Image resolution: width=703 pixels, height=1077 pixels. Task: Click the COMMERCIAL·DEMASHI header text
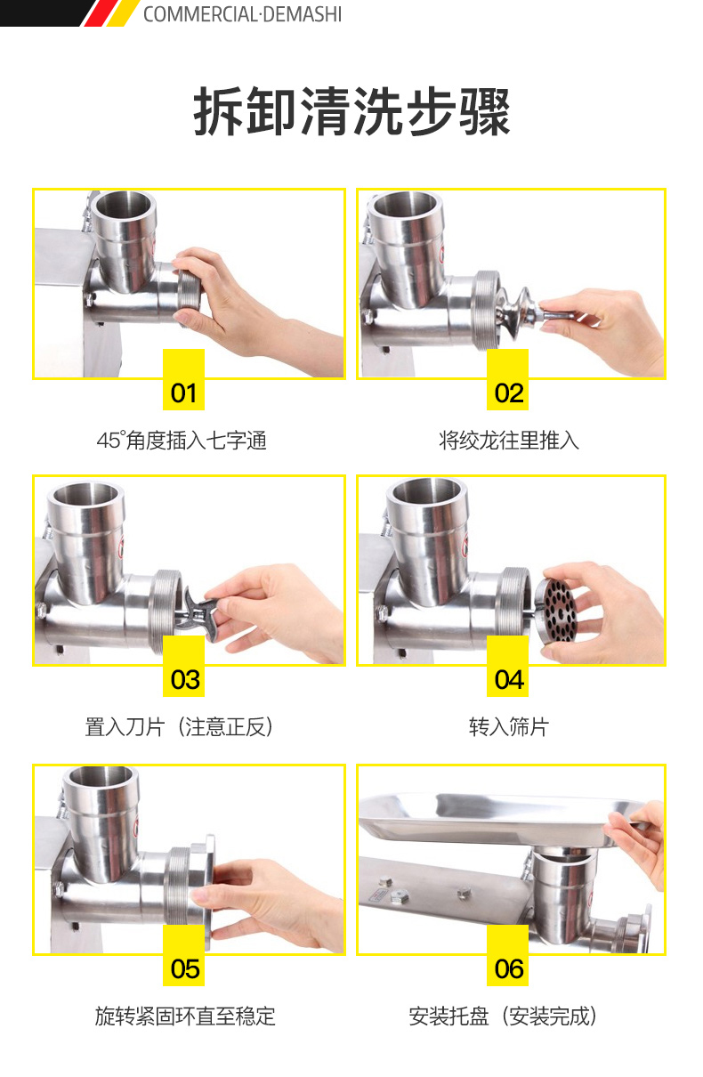click(x=242, y=14)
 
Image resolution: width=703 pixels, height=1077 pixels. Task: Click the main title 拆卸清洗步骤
click(x=351, y=112)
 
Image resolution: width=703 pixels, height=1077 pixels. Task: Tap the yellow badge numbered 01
click(x=183, y=379)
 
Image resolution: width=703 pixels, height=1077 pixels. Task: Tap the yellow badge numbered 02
click(x=508, y=379)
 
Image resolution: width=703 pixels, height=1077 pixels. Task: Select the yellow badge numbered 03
click(x=183, y=666)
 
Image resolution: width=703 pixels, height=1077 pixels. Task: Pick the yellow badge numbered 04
click(x=508, y=666)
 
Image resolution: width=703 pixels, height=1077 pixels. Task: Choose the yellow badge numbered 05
click(x=183, y=955)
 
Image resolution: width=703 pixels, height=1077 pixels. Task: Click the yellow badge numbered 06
click(x=508, y=955)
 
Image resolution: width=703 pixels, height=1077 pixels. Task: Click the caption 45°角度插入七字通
click(x=182, y=441)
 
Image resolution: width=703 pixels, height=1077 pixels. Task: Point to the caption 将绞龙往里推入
click(x=509, y=441)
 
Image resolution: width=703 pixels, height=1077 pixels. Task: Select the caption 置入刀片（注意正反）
click(x=179, y=726)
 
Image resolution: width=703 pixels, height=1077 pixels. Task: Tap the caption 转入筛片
click(x=509, y=726)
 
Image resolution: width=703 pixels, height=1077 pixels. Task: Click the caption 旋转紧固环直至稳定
click(x=185, y=1016)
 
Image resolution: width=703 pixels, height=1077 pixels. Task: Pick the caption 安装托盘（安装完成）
click(x=503, y=1016)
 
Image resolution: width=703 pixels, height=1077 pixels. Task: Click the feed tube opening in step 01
click(x=124, y=205)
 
